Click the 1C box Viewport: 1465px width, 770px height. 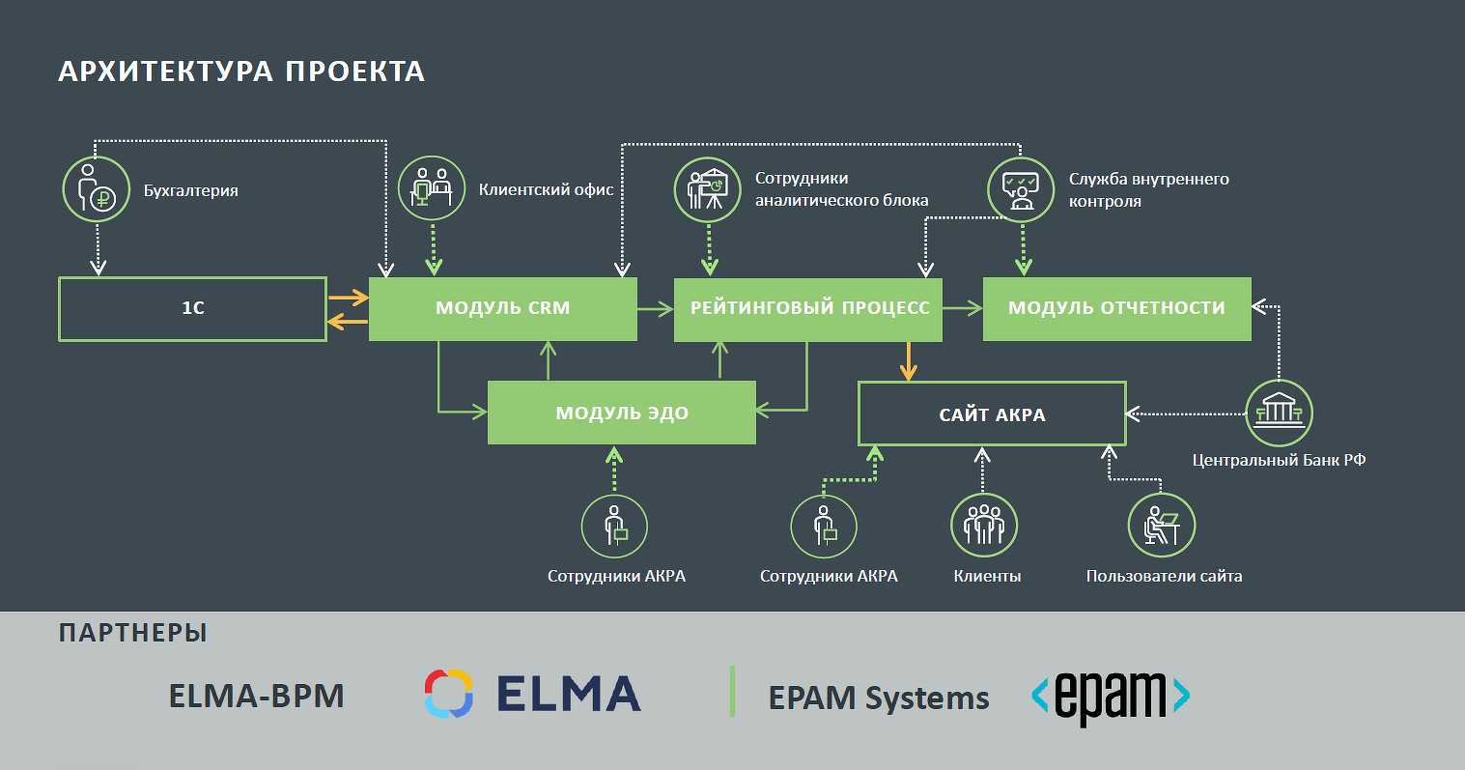coord(193,309)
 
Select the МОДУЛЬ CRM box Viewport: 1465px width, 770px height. coord(502,309)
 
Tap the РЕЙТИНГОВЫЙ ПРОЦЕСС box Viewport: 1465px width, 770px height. coord(808,309)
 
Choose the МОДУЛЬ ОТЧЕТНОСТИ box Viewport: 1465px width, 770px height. coord(1116,309)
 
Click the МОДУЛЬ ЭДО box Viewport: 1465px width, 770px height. coord(621,413)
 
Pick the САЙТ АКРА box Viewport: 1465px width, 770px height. coord(992,414)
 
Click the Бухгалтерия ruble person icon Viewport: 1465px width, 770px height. coord(97,189)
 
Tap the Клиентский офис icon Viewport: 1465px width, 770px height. coord(432,188)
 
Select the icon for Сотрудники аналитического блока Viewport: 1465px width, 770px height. coord(706,188)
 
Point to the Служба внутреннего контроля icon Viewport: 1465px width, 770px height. coord(1021,189)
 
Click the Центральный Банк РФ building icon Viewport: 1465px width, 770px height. coord(1279,414)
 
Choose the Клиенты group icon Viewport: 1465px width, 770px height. coord(984,527)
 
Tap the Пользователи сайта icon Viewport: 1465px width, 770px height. coord(1162,527)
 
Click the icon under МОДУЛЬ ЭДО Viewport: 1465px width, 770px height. coord(614,528)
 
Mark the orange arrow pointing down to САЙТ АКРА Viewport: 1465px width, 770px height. coord(908,360)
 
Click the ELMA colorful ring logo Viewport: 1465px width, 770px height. coord(448,694)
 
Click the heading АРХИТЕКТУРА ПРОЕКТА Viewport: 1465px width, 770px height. coord(241,71)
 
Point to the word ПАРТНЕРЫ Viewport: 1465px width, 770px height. coord(133,633)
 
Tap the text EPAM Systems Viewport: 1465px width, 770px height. coord(879,698)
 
